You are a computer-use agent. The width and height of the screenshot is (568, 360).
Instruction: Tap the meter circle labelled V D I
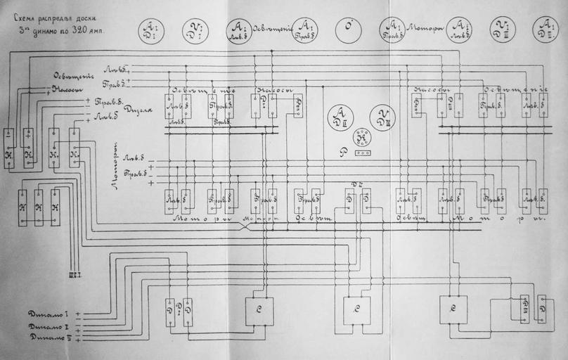click(x=194, y=30)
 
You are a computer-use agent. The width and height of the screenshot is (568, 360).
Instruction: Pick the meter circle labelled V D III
click(x=503, y=30)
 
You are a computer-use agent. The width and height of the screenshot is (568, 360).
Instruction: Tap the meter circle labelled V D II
click(x=382, y=117)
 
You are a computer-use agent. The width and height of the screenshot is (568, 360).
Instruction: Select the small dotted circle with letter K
click(x=361, y=137)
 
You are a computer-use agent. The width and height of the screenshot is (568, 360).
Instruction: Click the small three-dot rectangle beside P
click(x=363, y=152)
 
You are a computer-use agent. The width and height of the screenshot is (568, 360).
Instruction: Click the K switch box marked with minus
click(x=9, y=148)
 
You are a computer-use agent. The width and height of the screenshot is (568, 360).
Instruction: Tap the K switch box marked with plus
click(x=29, y=148)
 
